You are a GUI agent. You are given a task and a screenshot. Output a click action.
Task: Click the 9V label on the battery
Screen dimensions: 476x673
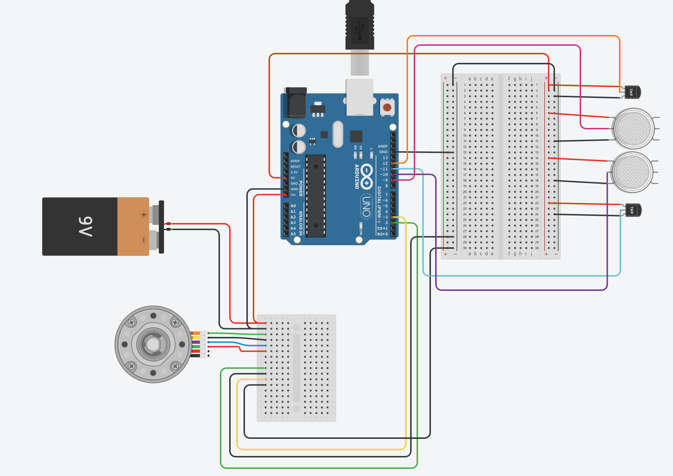[85, 226]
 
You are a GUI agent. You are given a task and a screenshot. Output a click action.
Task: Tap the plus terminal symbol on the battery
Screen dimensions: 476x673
[144, 215]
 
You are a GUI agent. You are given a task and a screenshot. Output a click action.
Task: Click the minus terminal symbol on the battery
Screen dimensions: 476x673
[144, 240]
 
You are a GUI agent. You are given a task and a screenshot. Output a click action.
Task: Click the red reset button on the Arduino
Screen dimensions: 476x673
[387, 107]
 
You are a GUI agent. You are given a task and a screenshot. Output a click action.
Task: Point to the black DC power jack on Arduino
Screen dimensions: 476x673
[295, 104]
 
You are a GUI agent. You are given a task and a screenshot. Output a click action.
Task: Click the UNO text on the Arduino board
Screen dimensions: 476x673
[367, 207]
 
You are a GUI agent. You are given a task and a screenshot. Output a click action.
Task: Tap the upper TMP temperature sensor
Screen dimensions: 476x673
[632, 92]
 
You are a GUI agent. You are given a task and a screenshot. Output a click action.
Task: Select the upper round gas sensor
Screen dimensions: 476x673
[633, 128]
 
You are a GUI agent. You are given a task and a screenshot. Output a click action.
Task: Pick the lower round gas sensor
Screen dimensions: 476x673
[633, 172]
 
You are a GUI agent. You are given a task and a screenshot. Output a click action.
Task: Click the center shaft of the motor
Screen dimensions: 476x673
[153, 344]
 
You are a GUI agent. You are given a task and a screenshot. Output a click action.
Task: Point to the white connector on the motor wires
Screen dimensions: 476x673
[205, 344]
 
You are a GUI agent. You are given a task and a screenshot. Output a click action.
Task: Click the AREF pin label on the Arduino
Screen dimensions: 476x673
[383, 146]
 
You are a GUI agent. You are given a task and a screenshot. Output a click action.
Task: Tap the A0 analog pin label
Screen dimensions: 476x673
[293, 206]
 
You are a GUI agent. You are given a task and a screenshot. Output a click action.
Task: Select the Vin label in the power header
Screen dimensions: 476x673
[293, 195]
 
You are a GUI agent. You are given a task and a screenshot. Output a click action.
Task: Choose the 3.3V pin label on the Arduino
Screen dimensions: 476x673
[294, 172]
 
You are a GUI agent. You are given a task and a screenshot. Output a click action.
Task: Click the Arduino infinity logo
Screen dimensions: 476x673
[367, 177]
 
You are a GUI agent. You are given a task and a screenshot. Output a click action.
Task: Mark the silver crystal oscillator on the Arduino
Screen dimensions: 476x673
[338, 134]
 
